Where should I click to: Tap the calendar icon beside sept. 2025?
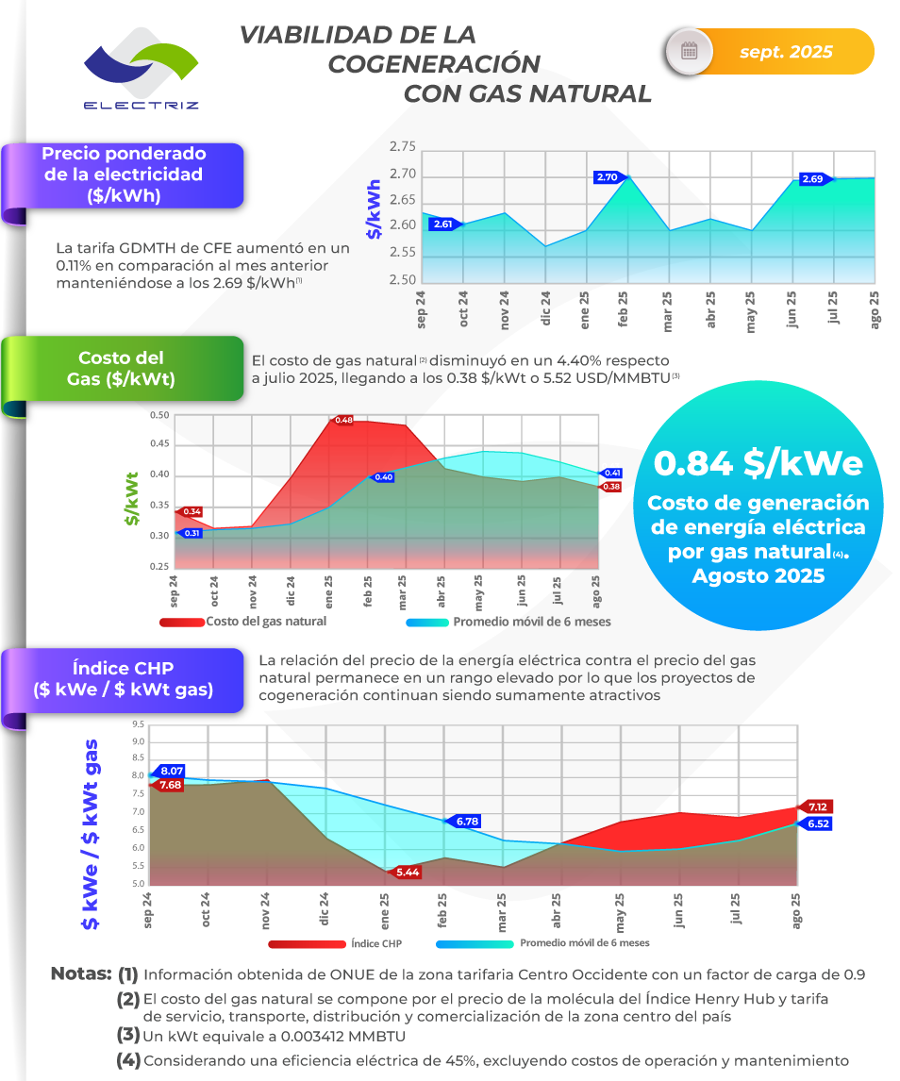[x=690, y=51]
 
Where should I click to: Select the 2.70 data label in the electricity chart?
[x=607, y=176]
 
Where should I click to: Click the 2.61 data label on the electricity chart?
[x=442, y=225]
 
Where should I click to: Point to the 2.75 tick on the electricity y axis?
[x=402, y=146]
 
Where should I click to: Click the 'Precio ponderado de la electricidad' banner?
[x=124, y=175]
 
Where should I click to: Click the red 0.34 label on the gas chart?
[x=192, y=510]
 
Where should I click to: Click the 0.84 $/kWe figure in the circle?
[x=758, y=464]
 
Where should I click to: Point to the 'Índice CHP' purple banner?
[x=124, y=679]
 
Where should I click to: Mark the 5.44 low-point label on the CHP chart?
[x=408, y=872]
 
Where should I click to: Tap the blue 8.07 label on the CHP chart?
[x=171, y=771]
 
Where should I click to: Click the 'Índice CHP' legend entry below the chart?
[x=376, y=942]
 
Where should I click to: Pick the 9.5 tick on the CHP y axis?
[x=138, y=724]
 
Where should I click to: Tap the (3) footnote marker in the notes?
[x=128, y=1034]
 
